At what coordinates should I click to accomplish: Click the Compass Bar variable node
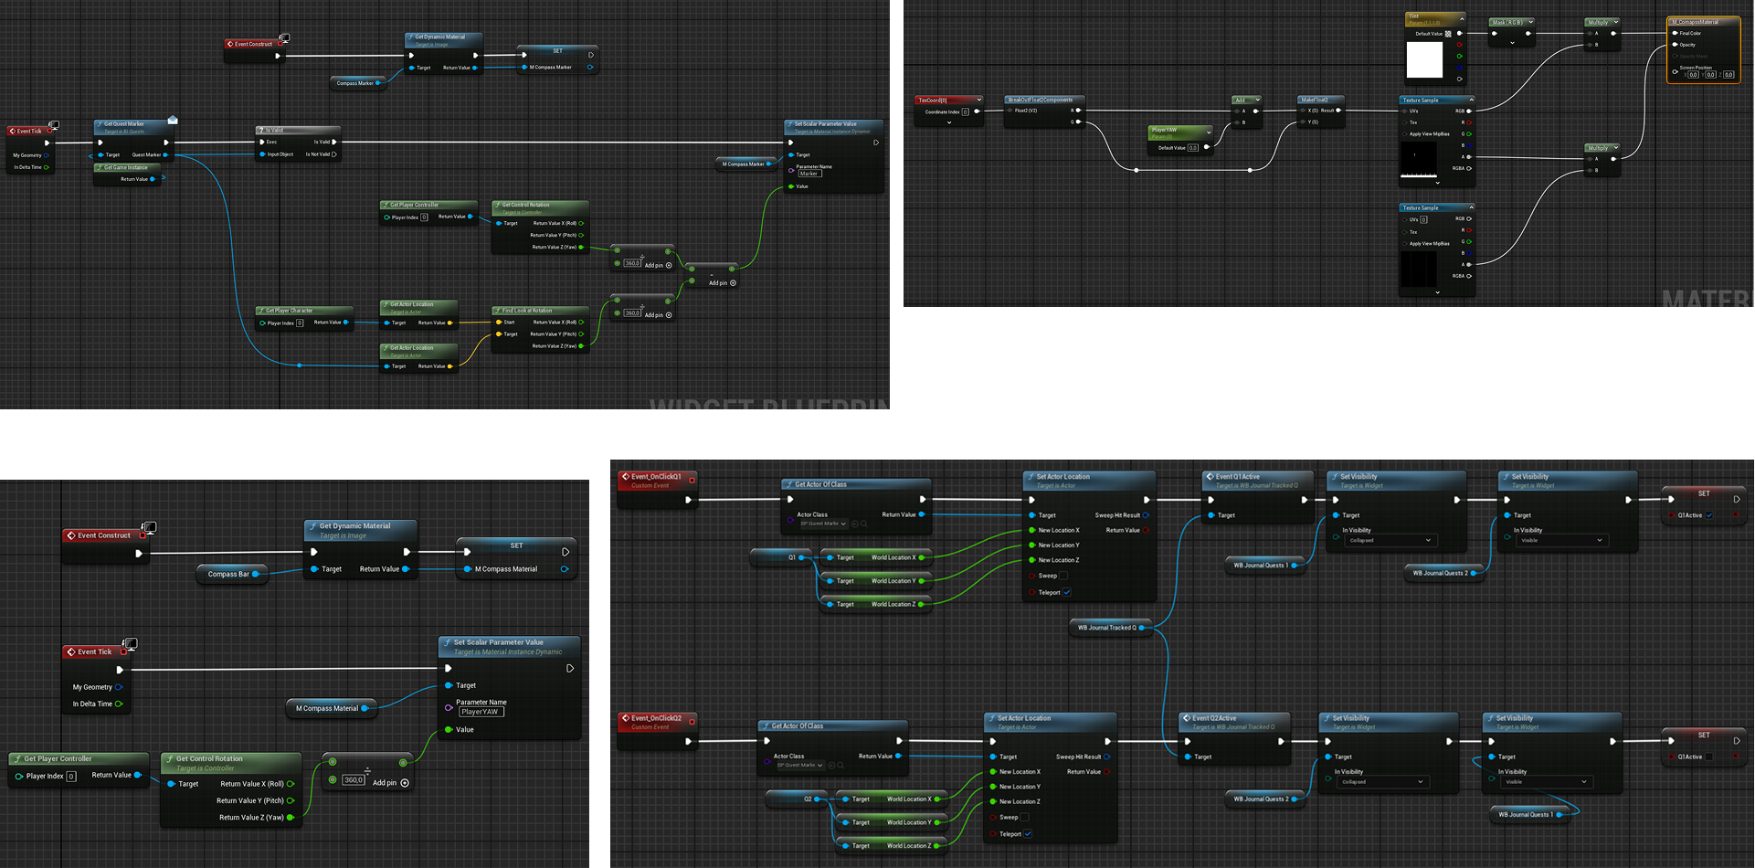(228, 574)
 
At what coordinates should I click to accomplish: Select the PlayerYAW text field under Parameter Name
(481, 712)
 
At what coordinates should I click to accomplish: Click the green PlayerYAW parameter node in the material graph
(1179, 133)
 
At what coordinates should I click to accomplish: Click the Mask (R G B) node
(1508, 22)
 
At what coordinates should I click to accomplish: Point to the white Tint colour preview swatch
(1424, 60)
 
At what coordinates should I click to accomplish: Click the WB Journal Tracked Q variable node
(1106, 628)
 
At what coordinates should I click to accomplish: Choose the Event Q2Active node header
(1214, 718)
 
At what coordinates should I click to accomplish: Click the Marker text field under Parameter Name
(809, 174)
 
